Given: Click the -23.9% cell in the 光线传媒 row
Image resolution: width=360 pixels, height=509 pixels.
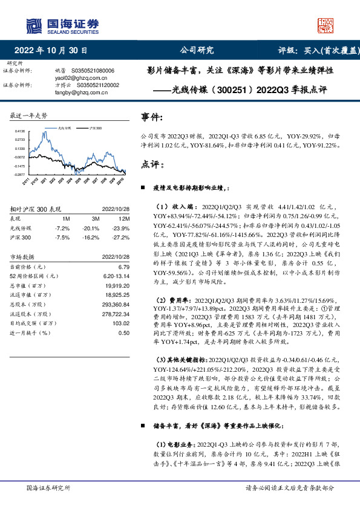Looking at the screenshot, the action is [120, 229].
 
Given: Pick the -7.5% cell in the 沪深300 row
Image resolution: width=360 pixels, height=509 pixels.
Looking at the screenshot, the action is [64, 238].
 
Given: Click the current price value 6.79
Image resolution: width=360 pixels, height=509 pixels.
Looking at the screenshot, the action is [123, 267].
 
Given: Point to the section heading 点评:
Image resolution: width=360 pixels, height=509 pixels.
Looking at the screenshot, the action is [152, 164].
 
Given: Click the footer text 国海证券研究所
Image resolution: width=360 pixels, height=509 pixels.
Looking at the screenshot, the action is [48, 488].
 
